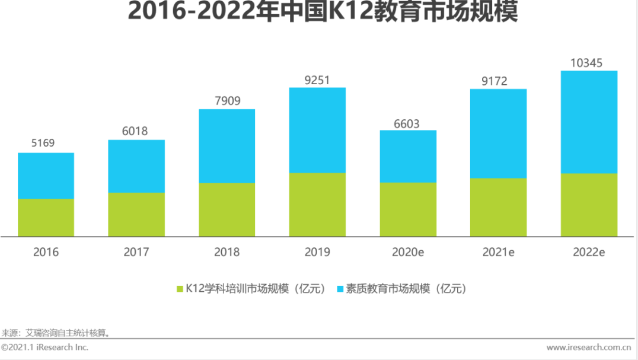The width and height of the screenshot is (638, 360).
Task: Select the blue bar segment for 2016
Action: [46, 176]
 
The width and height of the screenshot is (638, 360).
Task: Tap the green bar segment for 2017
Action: [136, 214]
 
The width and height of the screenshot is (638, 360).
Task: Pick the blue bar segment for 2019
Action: [317, 130]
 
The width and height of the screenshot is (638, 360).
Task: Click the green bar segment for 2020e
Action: [408, 209]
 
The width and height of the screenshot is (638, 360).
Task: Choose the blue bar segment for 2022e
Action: [589, 122]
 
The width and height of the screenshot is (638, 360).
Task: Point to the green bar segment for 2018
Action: [227, 209]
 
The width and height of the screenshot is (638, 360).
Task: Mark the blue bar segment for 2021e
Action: [498, 133]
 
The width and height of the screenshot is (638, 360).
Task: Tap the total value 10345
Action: [589, 62]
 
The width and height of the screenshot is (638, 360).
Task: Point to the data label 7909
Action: [227, 100]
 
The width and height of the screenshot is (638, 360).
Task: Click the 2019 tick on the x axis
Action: [317, 252]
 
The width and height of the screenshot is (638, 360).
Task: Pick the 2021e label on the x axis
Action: [498, 252]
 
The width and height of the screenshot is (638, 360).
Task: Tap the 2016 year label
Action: [46, 252]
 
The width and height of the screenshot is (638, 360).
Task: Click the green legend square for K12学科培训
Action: [180, 289]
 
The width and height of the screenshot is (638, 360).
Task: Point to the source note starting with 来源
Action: [56, 333]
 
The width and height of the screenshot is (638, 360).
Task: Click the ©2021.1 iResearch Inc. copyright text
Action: [45, 347]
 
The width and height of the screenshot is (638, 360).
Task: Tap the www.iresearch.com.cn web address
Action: [588, 347]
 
